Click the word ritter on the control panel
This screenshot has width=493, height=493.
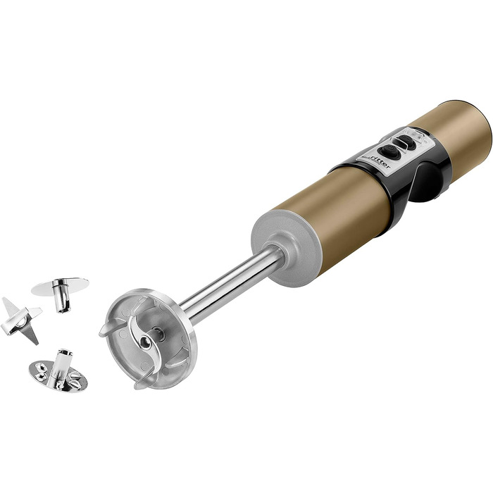coord(380,161)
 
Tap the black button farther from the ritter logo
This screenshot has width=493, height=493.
coord(408,142)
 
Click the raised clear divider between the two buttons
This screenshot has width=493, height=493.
coord(399,145)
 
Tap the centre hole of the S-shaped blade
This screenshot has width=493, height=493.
coord(144,342)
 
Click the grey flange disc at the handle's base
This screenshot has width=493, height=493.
coord(286,248)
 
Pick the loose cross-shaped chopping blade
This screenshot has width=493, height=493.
coord(21,320)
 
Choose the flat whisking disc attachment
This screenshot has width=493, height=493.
coord(61,291)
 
